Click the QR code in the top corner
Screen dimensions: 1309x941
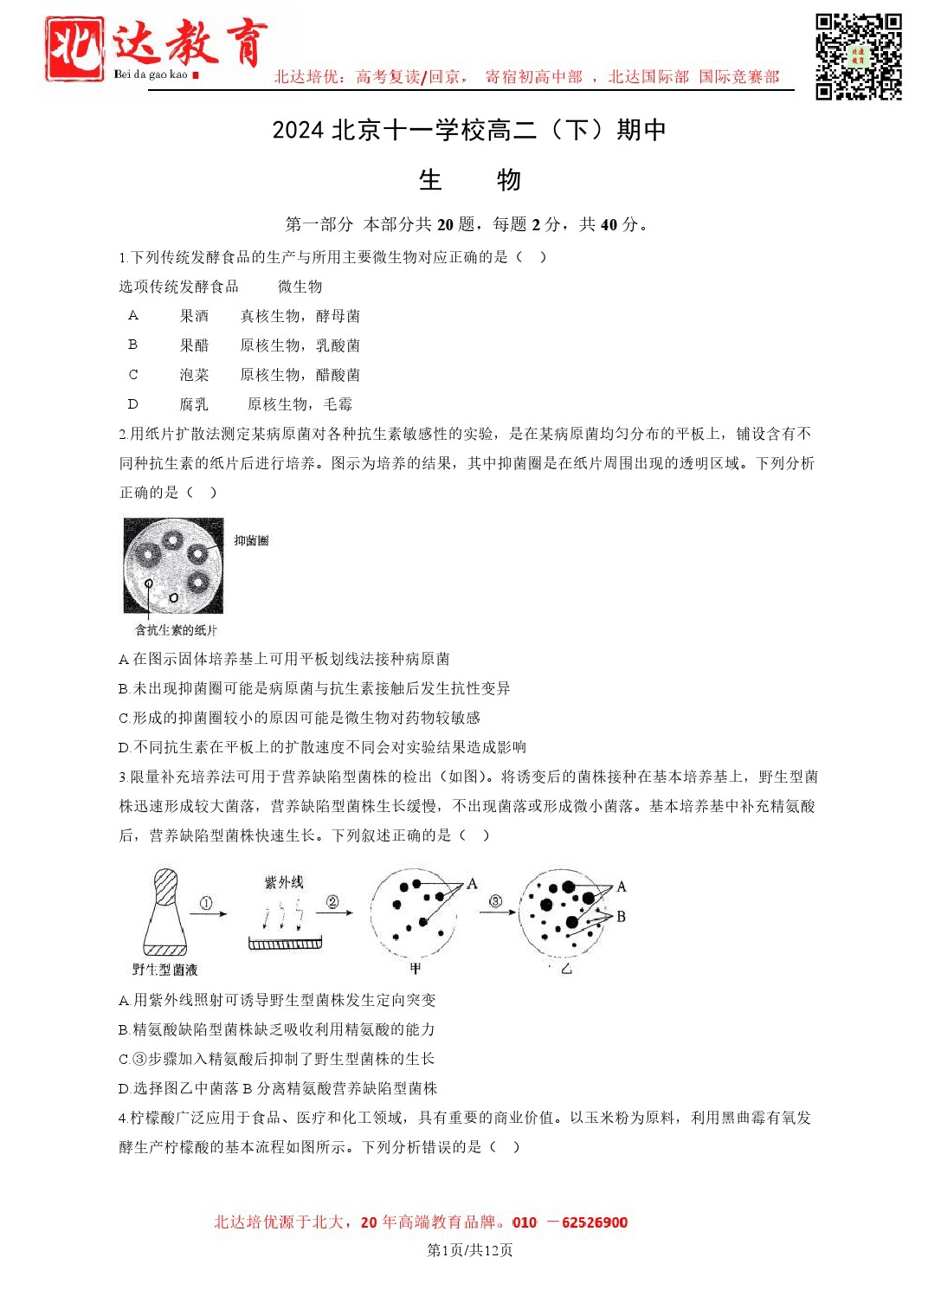(x=858, y=56)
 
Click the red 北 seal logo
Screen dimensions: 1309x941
(x=74, y=48)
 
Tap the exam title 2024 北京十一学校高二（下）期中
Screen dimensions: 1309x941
(x=468, y=130)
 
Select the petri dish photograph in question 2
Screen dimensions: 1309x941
(x=173, y=565)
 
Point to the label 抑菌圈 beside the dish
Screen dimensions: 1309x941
(x=251, y=540)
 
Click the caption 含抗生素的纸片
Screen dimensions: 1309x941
(x=176, y=630)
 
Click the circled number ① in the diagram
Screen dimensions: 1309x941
(x=206, y=903)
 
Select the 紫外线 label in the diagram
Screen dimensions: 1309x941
(x=284, y=882)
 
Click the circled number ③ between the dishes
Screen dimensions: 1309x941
(x=495, y=901)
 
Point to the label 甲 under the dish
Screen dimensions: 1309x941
(x=415, y=968)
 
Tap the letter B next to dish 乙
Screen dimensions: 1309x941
(x=621, y=916)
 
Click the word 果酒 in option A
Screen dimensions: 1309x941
(x=194, y=316)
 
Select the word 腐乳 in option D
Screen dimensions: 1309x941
(x=194, y=404)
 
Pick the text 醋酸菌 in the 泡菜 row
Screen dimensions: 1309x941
(x=338, y=375)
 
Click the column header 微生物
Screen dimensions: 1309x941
(x=300, y=287)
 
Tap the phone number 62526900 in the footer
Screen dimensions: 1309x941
(x=595, y=1222)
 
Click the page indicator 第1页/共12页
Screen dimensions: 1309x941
(x=470, y=1250)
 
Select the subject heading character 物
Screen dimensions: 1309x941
(x=508, y=180)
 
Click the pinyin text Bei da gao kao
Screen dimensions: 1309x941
(x=151, y=74)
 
